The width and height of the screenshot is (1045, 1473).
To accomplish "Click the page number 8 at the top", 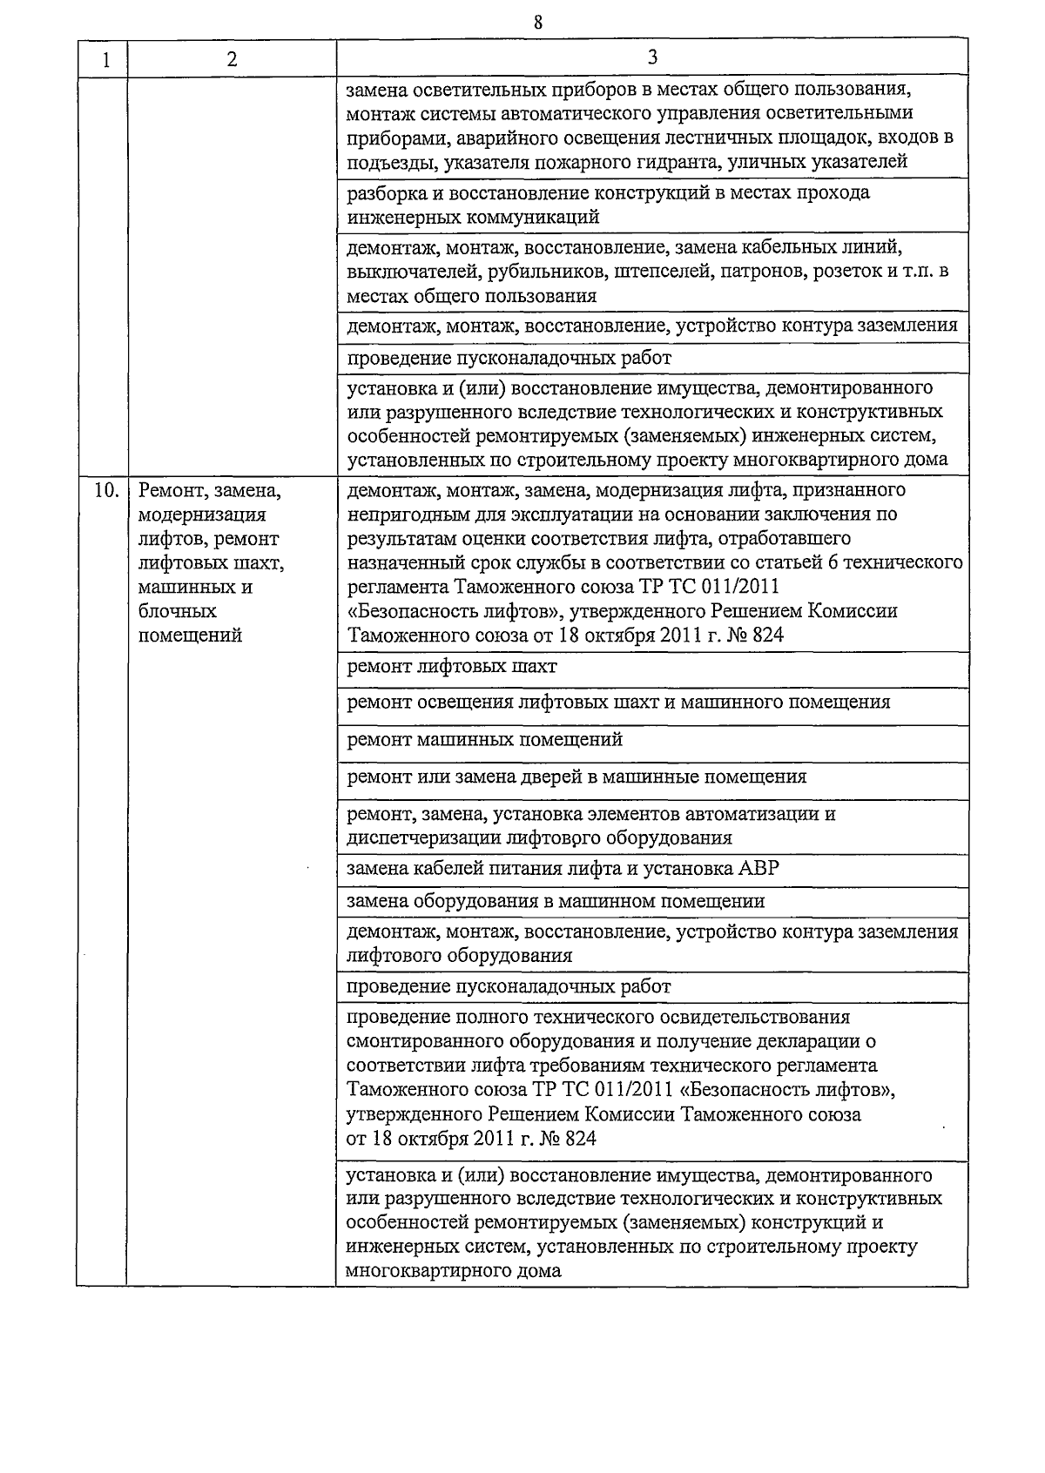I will click(537, 23).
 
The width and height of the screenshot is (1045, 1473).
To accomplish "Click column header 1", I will click(104, 60).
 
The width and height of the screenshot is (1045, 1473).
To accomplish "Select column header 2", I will click(232, 60).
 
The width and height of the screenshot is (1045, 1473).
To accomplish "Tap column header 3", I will click(652, 57).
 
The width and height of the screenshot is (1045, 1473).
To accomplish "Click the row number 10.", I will click(105, 490).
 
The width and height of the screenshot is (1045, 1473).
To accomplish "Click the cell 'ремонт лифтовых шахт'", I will click(451, 667).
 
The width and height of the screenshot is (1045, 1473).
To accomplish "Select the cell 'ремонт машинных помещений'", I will click(484, 740).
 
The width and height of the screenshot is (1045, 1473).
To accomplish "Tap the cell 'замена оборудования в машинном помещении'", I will click(555, 901).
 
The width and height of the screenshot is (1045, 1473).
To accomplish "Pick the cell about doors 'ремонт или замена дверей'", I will click(576, 777).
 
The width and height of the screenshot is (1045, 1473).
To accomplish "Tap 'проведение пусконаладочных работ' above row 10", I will click(509, 359).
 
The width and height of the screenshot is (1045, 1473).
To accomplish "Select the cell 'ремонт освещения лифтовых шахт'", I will click(617, 703).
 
